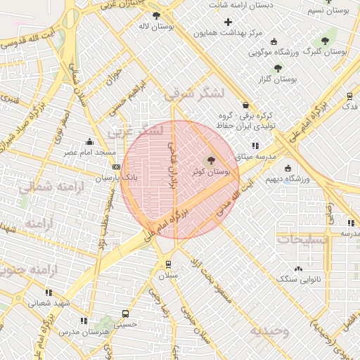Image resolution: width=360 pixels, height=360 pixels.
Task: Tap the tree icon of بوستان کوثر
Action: click(x=212, y=161)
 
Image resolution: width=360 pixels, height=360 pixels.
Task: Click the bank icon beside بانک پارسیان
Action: click(x=115, y=167)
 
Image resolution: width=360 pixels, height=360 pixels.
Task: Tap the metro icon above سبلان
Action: click(x=168, y=264)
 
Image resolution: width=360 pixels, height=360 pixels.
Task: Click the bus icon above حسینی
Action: click(x=126, y=314)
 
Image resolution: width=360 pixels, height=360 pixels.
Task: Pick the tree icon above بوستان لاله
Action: click(x=155, y=15)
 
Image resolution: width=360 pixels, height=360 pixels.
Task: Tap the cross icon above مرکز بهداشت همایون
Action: click(x=228, y=22)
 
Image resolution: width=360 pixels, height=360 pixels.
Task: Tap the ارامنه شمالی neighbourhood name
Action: click(x=49, y=187)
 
